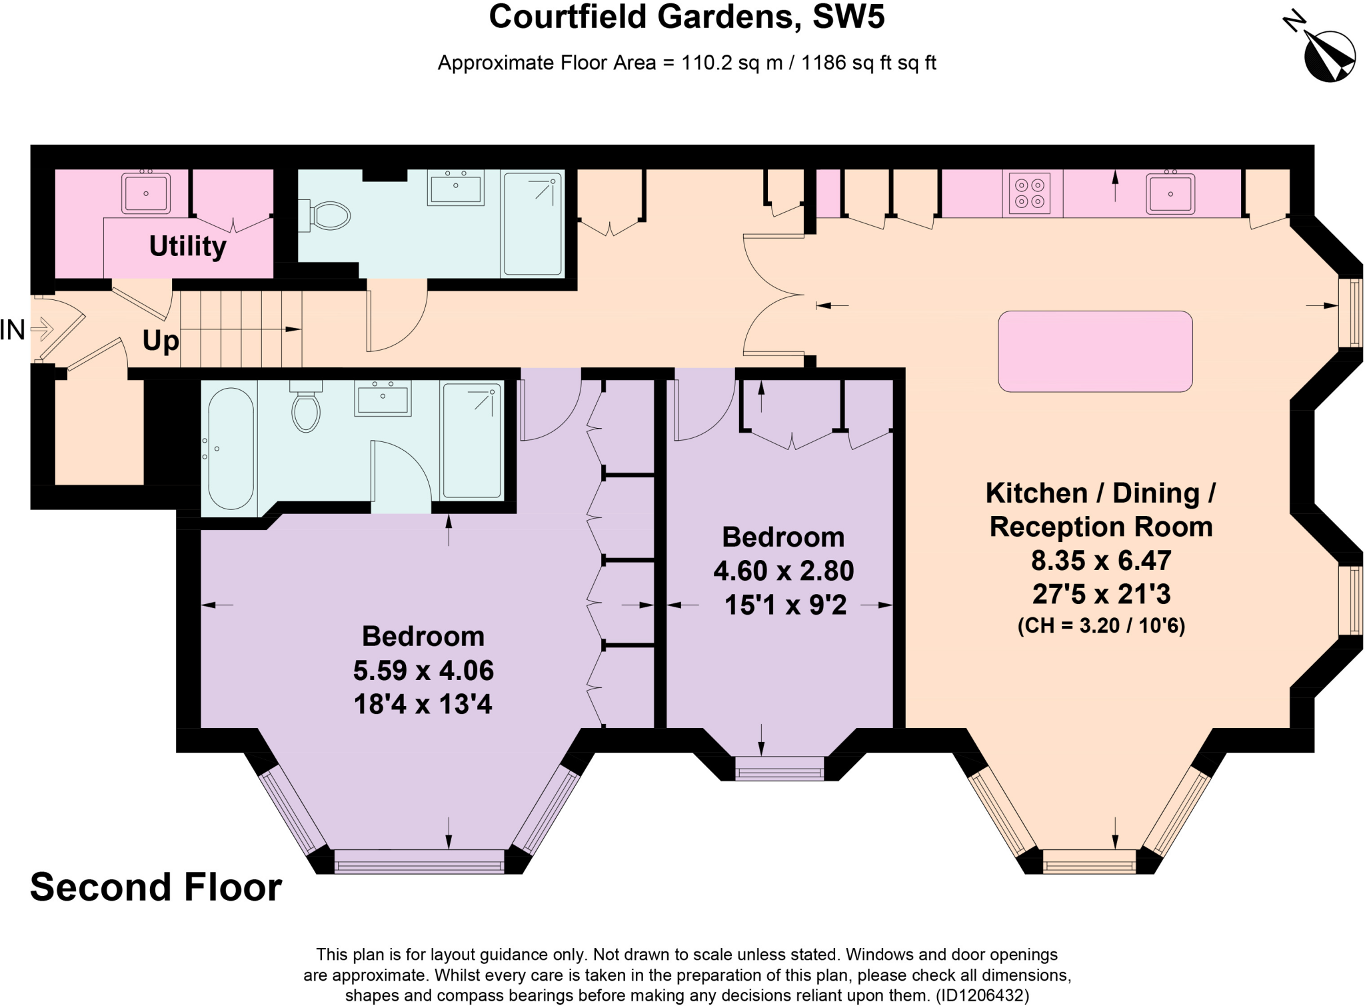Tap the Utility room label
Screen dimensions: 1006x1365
[187, 246]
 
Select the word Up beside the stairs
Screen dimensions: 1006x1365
[161, 341]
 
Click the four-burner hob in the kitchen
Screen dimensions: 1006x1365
[1029, 193]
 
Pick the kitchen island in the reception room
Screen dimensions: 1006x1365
[1094, 351]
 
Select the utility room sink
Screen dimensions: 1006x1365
[145, 193]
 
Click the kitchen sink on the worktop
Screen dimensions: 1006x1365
[1170, 193]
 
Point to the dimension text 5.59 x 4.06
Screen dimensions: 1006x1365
[423, 670]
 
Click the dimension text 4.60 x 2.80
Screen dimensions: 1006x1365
[783, 571]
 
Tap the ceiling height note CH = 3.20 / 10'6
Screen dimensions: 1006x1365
[1101, 626]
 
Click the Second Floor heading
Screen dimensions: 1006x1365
[156, 887]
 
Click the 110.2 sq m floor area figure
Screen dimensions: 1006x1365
[732, 63]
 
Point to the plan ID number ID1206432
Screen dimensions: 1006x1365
[982, 996]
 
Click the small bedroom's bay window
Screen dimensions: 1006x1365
[779, 768]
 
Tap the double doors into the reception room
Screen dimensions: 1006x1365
[773, 294]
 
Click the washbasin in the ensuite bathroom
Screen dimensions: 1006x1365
[383, 398]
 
